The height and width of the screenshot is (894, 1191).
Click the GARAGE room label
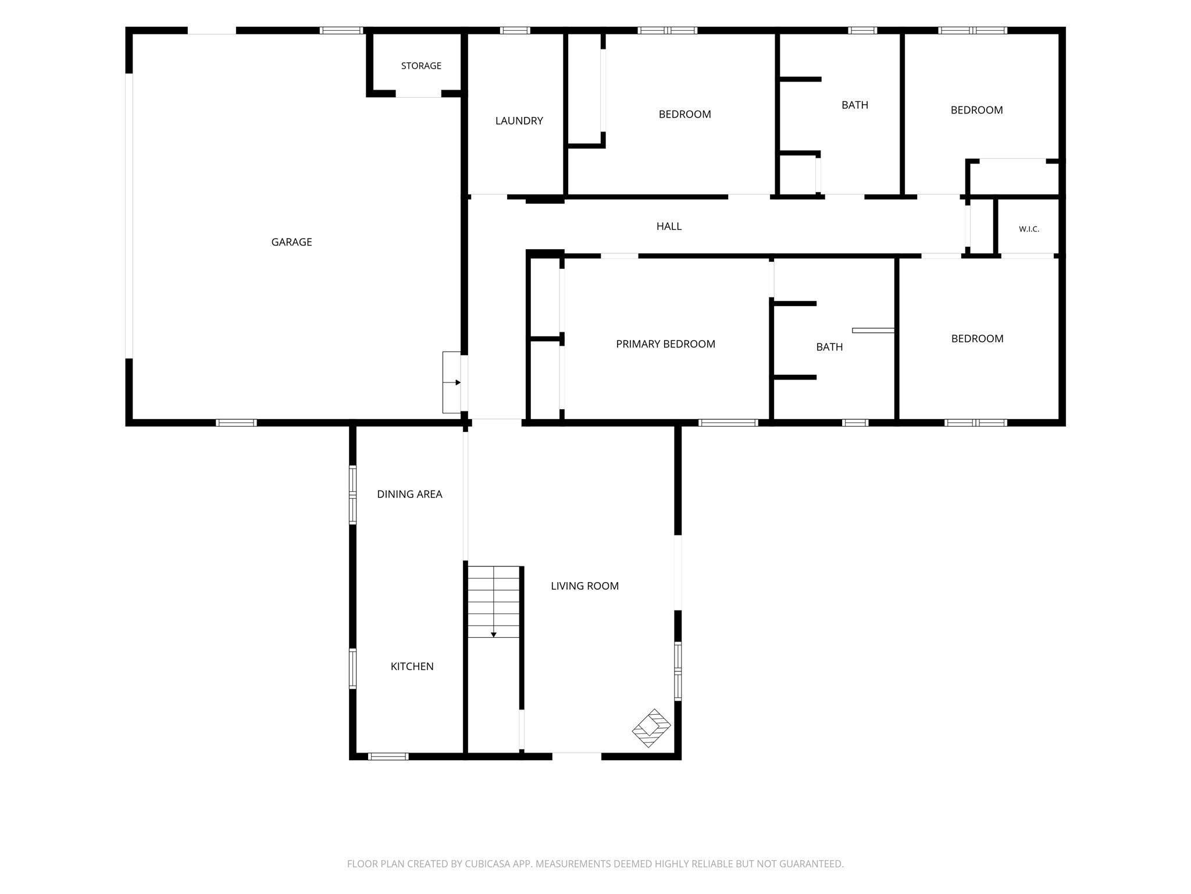(291, 242)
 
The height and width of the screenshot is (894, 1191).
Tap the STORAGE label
(421, 66)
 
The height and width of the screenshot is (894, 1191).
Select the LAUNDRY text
(519, 121)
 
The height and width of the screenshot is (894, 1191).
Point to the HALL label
(669, 226)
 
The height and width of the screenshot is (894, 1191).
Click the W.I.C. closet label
(1029, 229)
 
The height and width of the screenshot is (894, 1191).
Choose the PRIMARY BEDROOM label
(665, 344)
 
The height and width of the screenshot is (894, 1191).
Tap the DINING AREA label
(409, 494)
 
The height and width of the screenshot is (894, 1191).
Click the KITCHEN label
(412, 666)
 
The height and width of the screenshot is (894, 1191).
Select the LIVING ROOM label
(584, 586)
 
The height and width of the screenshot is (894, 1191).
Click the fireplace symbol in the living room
(651, 728)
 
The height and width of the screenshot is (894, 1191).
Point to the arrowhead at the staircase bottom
(494, 634)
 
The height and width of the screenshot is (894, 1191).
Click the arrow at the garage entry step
(452, 382)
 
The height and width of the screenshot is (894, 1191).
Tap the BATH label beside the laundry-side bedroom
(855, 105)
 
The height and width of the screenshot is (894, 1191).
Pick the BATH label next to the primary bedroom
(829, 347)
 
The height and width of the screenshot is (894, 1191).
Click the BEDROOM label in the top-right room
(976, 110)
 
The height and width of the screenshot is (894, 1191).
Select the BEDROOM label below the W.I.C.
(977, 339)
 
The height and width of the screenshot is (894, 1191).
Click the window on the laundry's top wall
(515, 30)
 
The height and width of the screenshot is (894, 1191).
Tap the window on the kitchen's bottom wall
(388, 757)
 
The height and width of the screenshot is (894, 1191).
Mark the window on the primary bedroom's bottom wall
(728, 423)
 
